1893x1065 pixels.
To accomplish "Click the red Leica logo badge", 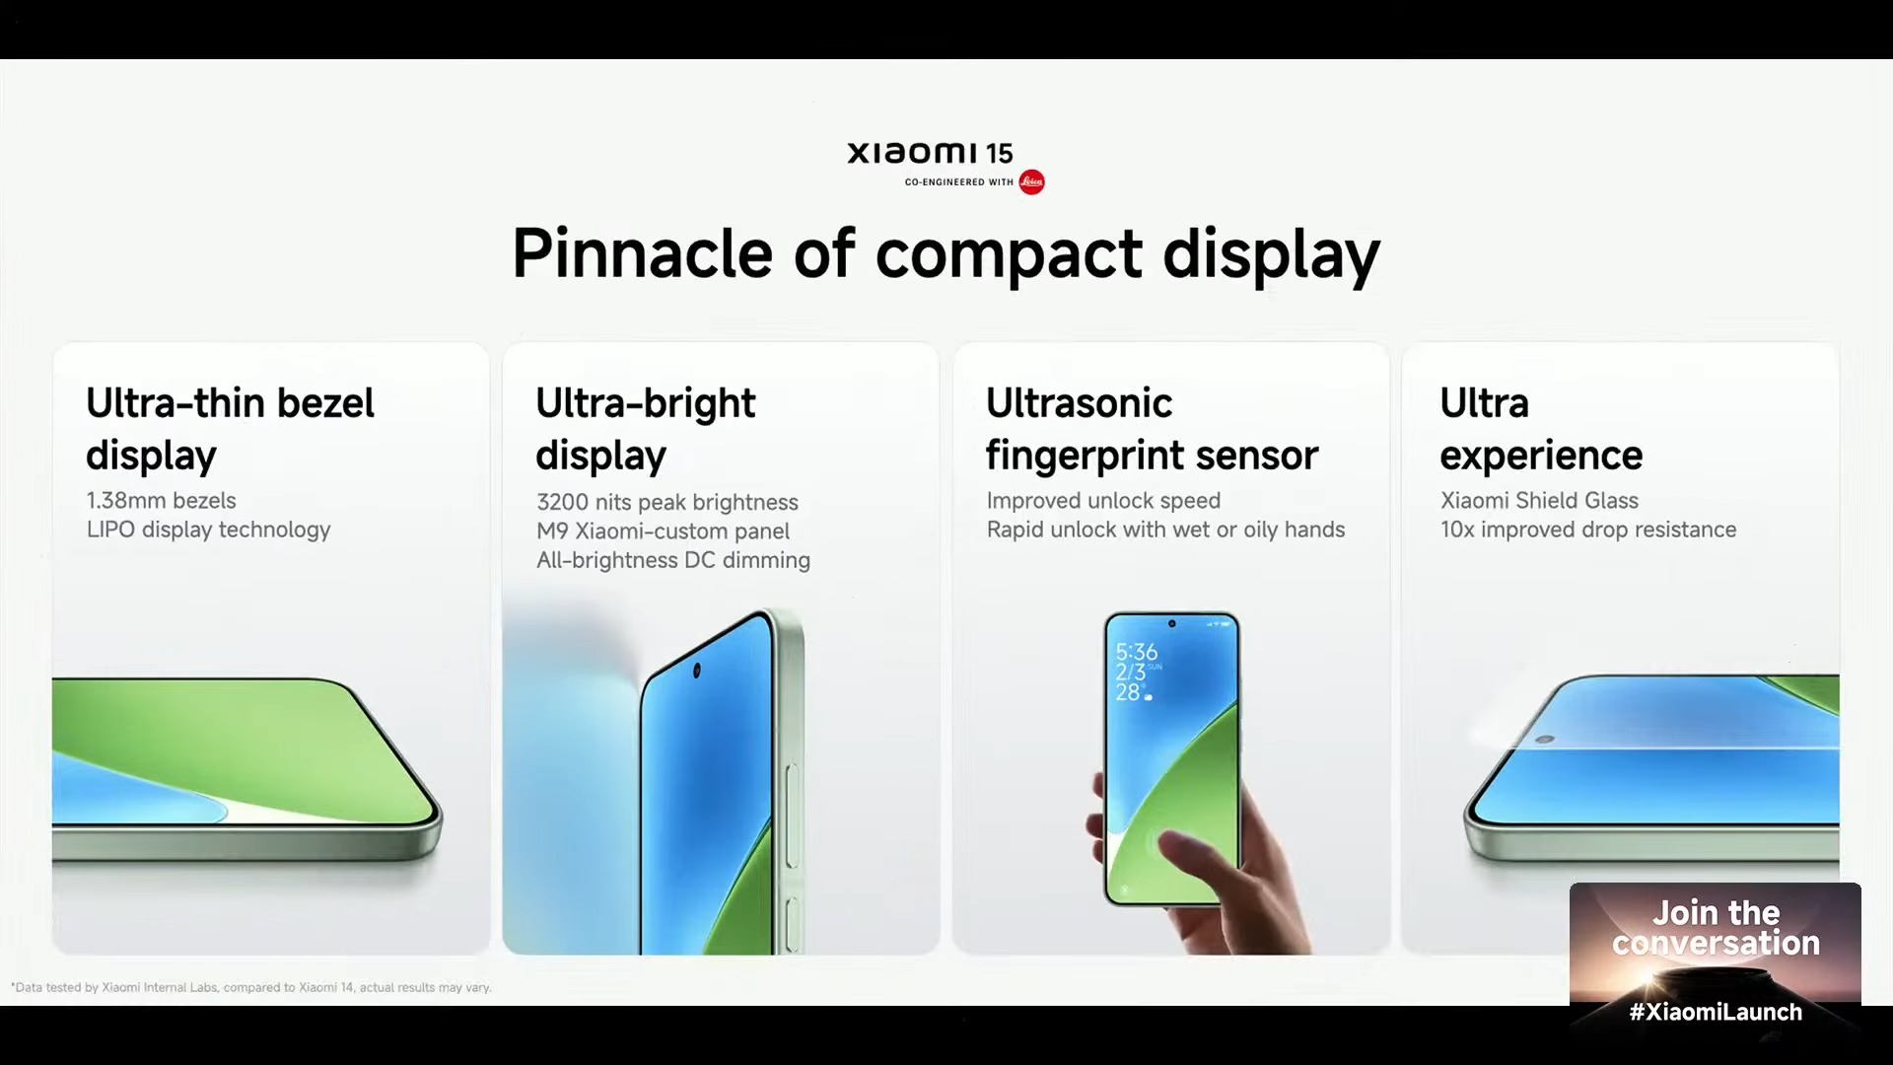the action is click(1031, 181).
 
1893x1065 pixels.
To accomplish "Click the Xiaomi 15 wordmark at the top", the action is click(930, 153).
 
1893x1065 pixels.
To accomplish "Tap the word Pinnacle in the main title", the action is click(642, 253).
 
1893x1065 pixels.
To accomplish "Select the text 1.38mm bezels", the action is click(161, 501).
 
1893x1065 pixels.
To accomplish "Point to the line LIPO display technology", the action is click(208, 530).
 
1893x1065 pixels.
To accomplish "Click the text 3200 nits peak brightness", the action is click(667, 502).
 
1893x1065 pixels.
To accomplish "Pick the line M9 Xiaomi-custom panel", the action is click(663, 532).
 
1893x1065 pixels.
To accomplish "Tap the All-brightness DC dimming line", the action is click(673, 560).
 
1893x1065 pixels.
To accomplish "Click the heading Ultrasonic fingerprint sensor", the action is click(1152, 429).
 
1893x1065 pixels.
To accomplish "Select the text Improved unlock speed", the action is click(1103, 501).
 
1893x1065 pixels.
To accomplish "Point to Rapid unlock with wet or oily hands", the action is click(1165, 530).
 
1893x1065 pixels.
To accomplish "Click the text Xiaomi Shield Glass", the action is click(1539, 501).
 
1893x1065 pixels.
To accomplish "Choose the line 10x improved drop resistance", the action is click(1588, 530).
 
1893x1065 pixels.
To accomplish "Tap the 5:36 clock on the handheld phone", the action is click(1137, 652).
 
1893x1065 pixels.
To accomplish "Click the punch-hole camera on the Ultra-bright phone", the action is click(697, 671).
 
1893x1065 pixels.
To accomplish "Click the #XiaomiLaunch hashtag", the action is click(1716, 1012).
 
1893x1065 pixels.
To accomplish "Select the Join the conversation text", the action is click(1716, 928).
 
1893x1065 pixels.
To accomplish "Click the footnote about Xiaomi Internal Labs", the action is click(251, 987).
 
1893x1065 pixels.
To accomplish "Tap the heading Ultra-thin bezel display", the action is click(230, 429).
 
